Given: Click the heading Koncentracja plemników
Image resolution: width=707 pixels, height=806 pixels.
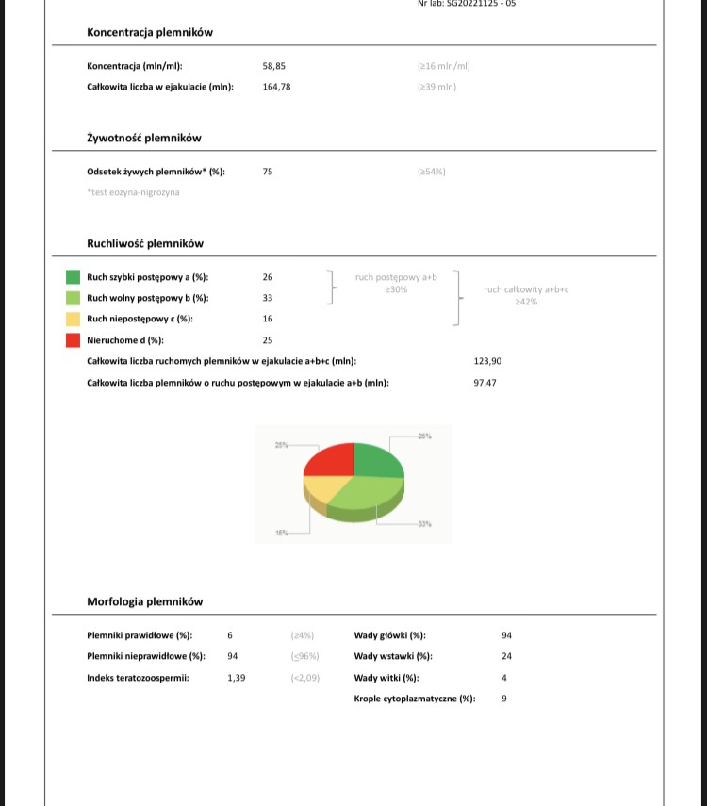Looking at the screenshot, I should coord(150,32).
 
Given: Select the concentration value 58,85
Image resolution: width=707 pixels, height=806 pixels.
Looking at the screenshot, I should coord(274,66).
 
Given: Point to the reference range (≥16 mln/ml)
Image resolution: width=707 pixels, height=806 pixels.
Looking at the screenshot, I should coord(443,66).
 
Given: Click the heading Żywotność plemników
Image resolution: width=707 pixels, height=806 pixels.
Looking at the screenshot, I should coord(144,138).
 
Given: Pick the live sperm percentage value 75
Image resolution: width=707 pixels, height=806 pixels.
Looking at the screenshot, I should coord(268,172).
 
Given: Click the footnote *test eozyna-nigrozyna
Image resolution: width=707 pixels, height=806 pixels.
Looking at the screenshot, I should coord(133,192).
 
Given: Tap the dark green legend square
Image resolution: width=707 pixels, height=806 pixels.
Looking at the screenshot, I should coord(73,277).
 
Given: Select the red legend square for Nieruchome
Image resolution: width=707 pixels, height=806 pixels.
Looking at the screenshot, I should coord(73,340).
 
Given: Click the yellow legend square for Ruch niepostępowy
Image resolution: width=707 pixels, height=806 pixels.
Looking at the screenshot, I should coord(73,320).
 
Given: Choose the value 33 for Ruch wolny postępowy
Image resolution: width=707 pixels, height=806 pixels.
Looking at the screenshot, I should coord(268,298).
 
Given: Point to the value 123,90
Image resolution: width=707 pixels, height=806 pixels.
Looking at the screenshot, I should coord(487,361).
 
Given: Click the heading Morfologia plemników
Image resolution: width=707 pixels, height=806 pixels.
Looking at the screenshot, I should coord(144,601).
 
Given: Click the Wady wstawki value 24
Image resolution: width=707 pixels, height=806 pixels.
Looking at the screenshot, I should coord(507,656).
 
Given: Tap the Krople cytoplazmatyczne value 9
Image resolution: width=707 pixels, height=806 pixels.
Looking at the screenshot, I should coord(505,699).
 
